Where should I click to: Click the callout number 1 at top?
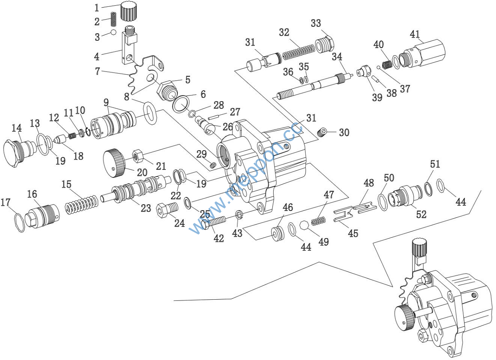(x=97, y=8)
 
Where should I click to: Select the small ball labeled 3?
(x=113, y=32)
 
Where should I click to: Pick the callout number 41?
(x=415, y=34)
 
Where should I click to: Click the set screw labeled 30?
(x=322, y=133)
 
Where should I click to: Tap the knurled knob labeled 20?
(x=115, y=163)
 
